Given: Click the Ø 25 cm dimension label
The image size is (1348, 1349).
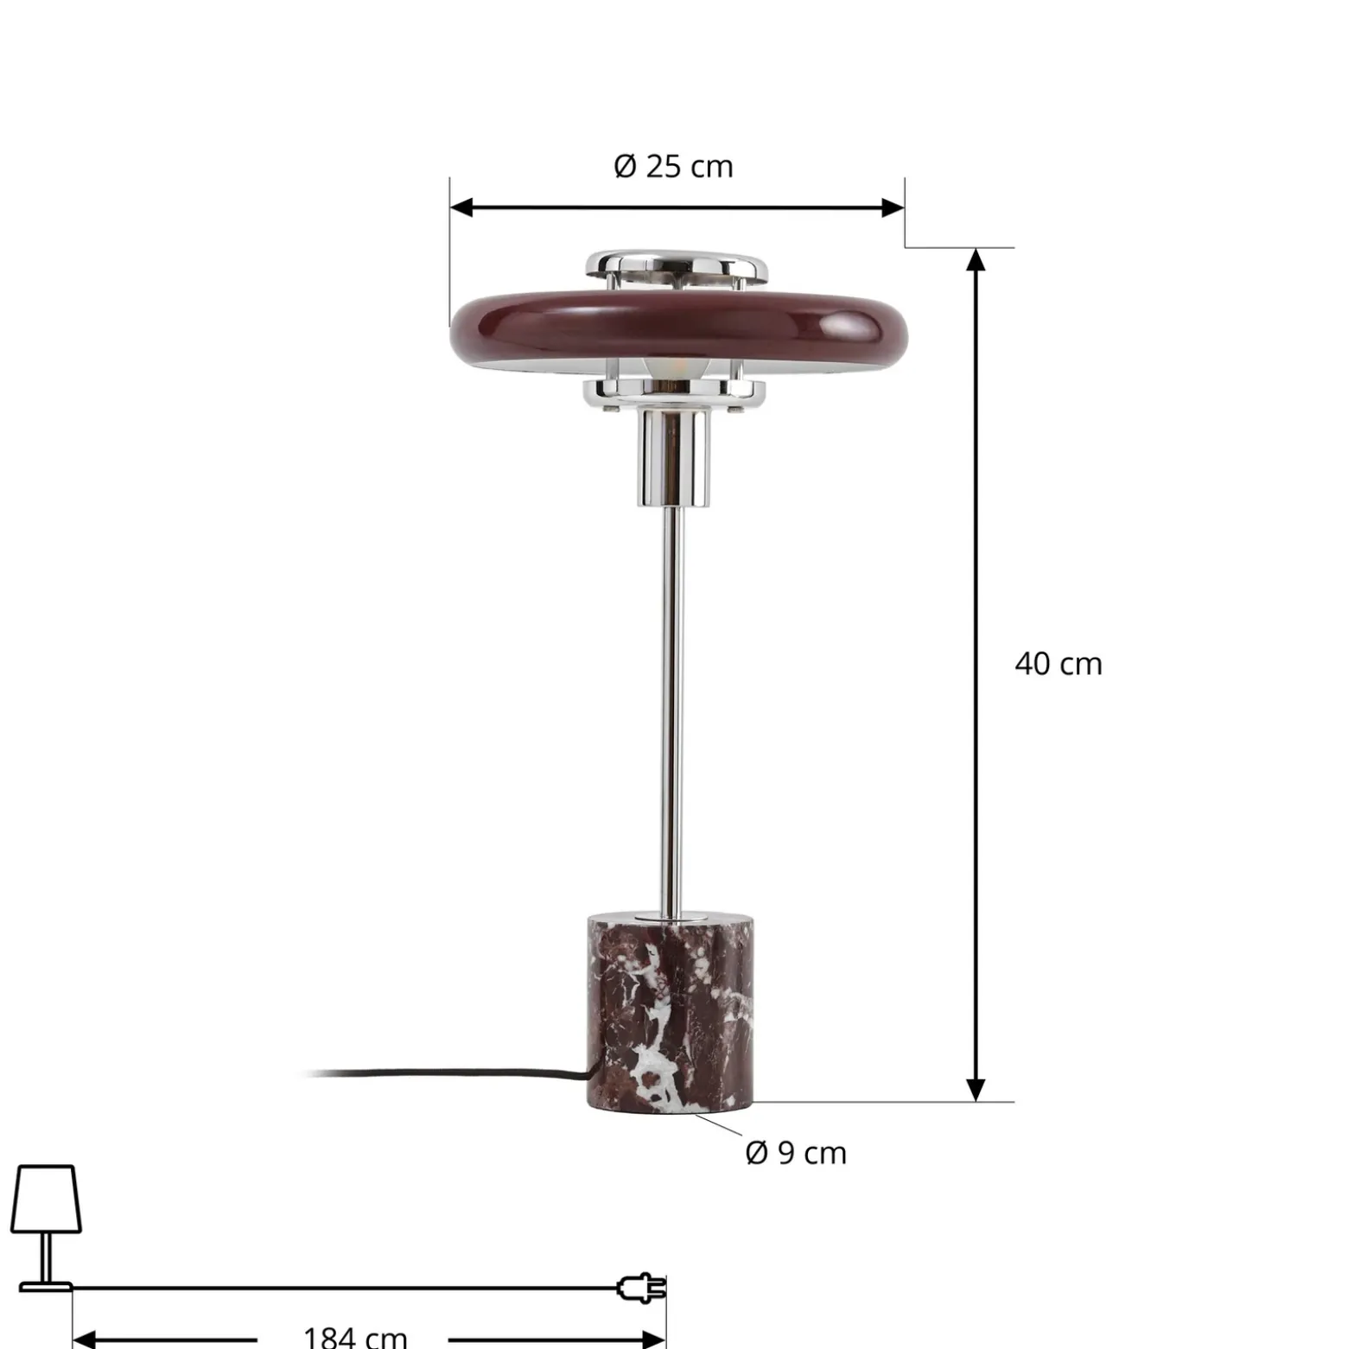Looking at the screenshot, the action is click(x=673, y=166).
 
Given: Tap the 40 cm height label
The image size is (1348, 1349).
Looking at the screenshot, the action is click(x=1059, y=664).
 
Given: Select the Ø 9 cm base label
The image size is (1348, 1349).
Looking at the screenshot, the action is click(x=796, y=1153).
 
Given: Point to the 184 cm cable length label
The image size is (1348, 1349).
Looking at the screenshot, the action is click(x=355, y=1337).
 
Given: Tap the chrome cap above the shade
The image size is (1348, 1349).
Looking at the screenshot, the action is click(x=677, y=265).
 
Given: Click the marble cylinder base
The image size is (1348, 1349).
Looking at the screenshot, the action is click(x=670, y=1011).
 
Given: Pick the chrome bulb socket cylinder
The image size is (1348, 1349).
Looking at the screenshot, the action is click(x=674, y=456).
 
